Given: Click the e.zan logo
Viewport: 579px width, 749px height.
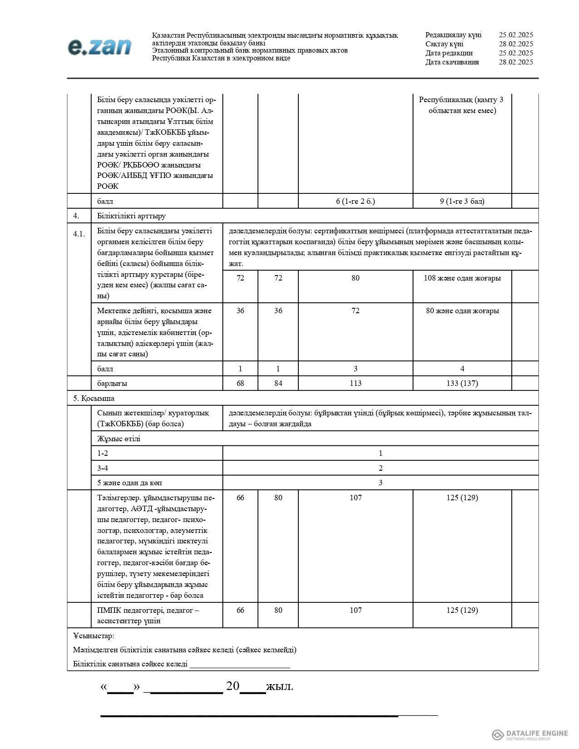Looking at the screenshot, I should coord(99,47).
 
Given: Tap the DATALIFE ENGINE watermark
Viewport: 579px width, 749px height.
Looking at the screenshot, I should coord(530,734).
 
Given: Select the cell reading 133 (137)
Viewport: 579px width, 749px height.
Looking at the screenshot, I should coord(462,383).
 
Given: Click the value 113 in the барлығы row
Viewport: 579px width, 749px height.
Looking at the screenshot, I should coord(355,383).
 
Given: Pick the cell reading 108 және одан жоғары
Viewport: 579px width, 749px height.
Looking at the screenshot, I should coord(462,278).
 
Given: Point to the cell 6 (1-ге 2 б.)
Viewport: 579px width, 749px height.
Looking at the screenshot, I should coord(355,201).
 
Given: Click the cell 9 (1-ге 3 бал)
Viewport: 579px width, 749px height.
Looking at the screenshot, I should coord(462,201).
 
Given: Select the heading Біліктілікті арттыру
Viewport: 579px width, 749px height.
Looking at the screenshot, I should coord(131,216).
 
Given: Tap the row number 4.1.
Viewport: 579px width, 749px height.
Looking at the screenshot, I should coord(79,234).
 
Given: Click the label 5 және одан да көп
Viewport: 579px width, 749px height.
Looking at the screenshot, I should coord(129,483).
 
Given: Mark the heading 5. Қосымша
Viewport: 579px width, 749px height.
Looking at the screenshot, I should coord(94,398).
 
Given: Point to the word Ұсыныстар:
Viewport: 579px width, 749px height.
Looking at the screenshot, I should coord(94,636).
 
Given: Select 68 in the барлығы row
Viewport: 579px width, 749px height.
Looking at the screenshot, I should coord(240,383).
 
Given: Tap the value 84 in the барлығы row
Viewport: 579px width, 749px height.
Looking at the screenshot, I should coord(278,383).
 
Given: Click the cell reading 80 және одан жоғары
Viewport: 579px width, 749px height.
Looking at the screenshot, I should coord(462,310).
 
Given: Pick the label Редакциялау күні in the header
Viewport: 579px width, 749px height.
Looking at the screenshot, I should coord(453,35).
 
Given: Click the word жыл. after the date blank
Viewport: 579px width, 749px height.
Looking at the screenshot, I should coord(279,686).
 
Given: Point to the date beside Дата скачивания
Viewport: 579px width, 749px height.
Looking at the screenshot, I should coord(515,62).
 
